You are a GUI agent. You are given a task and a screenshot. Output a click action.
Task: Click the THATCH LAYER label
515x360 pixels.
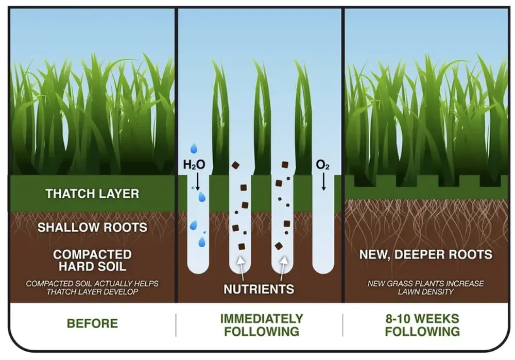coord(92,194)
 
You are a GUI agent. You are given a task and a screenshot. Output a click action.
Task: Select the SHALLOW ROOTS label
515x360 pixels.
coord(92,227)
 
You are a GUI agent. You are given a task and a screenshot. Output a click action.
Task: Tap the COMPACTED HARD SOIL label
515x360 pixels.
coord(92,261)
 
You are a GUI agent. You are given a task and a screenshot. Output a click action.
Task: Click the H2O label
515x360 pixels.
coord(194,165)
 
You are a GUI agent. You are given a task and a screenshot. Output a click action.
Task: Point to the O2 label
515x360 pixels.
coord(323,165)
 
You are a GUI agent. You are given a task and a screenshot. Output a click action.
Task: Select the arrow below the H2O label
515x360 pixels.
coord(197,181)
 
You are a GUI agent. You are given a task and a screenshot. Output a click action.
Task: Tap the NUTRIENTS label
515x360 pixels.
coord(259,289)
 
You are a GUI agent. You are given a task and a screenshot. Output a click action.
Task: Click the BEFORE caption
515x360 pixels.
coord(92,323)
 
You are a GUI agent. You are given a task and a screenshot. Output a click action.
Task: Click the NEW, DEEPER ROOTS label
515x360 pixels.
coord(425,254)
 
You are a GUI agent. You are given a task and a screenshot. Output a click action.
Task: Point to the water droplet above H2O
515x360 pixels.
coord(194,149)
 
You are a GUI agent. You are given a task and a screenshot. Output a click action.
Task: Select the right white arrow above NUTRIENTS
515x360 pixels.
coord(282,263)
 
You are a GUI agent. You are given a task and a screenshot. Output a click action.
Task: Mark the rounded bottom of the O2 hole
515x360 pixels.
coord(323,269)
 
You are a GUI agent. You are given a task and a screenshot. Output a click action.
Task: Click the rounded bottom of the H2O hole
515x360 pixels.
coord(198,269)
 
